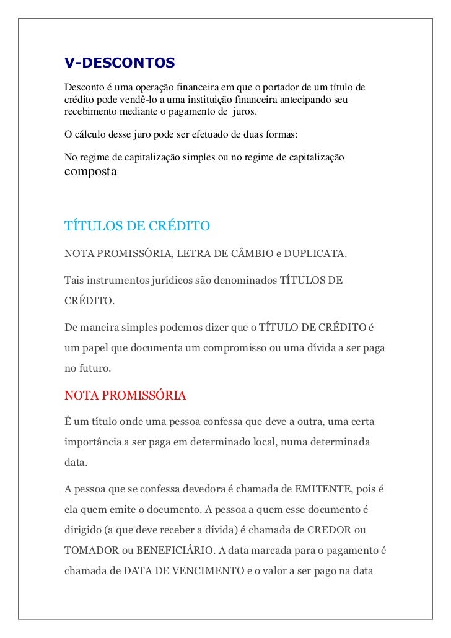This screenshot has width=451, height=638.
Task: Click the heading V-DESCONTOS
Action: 120,63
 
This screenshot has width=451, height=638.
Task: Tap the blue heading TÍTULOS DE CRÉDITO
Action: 138,225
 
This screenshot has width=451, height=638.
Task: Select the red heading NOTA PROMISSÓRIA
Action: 125,395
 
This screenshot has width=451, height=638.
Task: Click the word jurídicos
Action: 173,281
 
